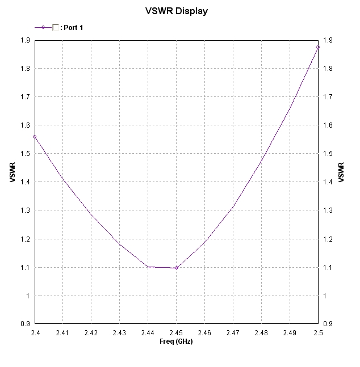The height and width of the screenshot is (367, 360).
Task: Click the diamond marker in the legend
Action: (x=43, y=27)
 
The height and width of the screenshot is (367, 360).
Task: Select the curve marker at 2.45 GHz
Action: (x=176, y=268)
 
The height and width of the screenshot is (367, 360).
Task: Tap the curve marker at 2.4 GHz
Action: (x=35, y=137)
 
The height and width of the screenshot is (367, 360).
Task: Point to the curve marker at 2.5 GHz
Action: (x=318, y=47)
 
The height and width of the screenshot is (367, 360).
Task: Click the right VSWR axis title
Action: (x=341, y=172)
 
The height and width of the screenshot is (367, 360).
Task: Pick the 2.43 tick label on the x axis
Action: (x=119, y=333)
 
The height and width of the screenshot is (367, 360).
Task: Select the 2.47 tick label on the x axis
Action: (x=233, y=333)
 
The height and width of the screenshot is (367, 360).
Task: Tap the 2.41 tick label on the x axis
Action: (x=63, y=333)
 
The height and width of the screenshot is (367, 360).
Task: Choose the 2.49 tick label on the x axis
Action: (x=290, y=333)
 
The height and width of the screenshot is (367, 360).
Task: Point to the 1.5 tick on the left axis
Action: (x=26, y=154)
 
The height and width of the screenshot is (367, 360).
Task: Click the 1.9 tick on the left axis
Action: (x=26, y=40)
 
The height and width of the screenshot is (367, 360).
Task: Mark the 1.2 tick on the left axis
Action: (x=26, y=239)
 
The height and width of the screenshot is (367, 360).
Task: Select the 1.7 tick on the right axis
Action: (x=327, y=97)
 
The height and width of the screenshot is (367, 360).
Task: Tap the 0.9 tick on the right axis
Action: (x=327, y=324)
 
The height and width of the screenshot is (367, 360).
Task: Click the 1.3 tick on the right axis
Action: (x=327, y=210)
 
